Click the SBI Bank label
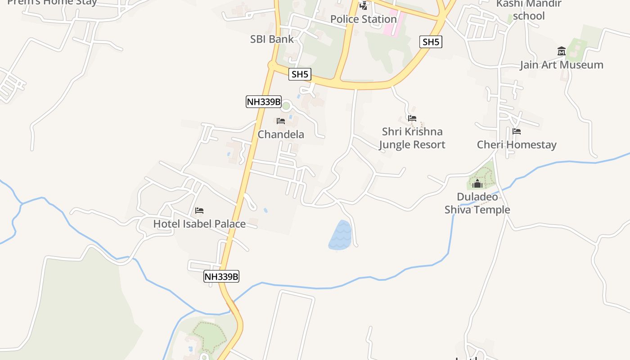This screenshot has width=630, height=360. click(x=272, y=39)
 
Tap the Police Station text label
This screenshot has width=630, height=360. click(x=363, y=19)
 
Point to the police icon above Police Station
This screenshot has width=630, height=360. click(x=363, y=6)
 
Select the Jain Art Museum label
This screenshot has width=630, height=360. click(x=561, y=65)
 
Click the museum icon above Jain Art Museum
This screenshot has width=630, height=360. click(x=561, y=51)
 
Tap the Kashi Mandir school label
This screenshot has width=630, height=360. click(x=529, y=10)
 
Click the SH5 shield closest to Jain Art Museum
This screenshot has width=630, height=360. click(x=431, y=42)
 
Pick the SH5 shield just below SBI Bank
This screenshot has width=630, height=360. click(x=300, y=75)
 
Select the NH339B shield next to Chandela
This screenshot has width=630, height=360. click(x=263, y=102)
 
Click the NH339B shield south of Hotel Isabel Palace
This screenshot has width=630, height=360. click(x=221, y=276)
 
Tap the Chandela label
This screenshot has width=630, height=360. click(x=281, y=135)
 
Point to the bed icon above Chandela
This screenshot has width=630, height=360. click(x=281, y=121)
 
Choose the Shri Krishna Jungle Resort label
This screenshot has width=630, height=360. click(x=412, y=138)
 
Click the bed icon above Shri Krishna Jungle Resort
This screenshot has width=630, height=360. click(x=412, y=118)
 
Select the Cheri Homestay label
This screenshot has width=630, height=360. click(x=517, y=145)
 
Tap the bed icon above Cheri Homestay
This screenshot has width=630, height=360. click(x=517, y=132)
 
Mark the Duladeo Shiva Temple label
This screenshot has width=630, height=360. click(x=477, y=203)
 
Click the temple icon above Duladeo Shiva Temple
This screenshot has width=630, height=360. click(x=477, y=184)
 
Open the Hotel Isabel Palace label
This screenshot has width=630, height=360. click(x=199, y=224)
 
